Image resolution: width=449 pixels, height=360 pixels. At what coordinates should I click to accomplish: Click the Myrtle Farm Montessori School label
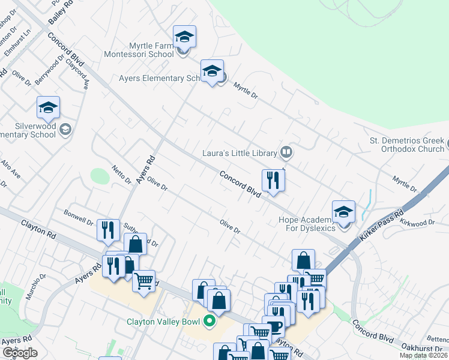pyautogui.click(x=155, y=50)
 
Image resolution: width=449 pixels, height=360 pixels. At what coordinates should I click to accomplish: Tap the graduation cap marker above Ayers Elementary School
pyautogui.click(x=212, y=71)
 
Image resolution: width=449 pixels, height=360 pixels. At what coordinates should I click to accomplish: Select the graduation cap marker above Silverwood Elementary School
pyautogui.click(x=48, y=108)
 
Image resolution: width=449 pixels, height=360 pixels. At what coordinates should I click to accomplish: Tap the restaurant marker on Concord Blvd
pyautogui.click(x=273, y=180)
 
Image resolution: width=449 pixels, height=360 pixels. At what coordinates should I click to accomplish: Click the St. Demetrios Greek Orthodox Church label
pyautogui.click(x=406, y=145)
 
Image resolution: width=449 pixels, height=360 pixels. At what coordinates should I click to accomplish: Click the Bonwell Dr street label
pyautogui.click(x=79, y=217)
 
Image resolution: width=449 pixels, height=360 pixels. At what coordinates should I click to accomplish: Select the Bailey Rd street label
pyautogui.click(x=60, y=13)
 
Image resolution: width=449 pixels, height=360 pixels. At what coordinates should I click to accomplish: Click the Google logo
pyautogui.click(x=20, y=353)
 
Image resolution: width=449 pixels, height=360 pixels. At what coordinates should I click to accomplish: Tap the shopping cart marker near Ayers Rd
pyautogui.click(x=143, y=281)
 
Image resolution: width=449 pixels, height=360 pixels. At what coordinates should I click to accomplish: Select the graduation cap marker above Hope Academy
pyautogui.click(x=343, y=212)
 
